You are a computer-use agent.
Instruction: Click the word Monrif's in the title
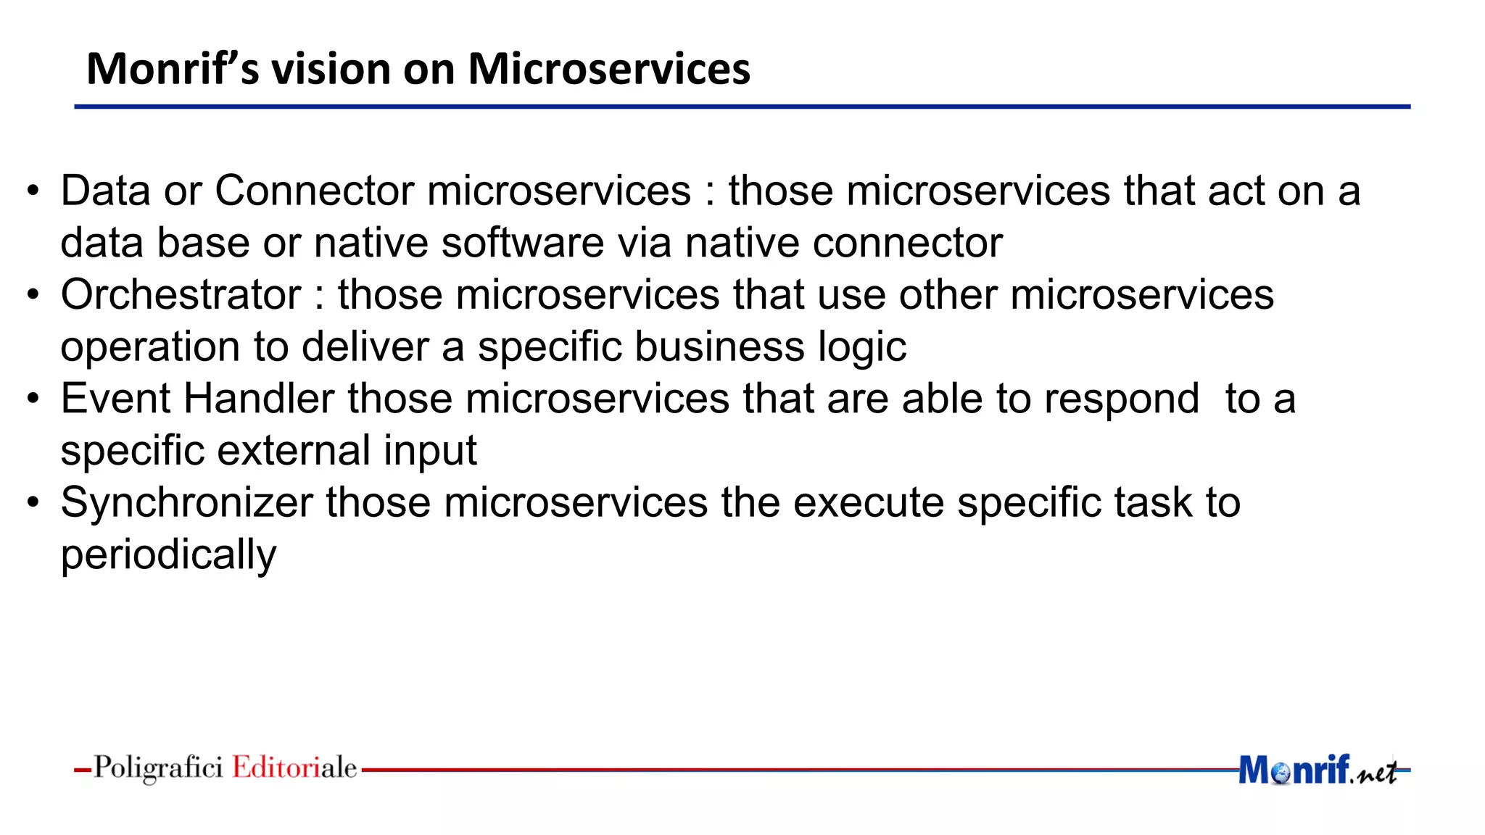(x=172, y=70)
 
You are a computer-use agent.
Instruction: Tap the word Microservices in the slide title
(x=608, y=70)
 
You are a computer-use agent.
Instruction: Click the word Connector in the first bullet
(x=314, y=191)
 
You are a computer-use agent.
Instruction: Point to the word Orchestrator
(x=181, y=295)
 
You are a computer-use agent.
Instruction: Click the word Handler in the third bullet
(x=259, y=399)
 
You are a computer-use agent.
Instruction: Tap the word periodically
(x=168, y=555)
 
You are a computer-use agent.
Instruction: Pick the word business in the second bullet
(x=719, y=346)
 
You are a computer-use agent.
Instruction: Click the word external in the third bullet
(x=294, y=451)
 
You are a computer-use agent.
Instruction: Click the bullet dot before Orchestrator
(x=33, y=296)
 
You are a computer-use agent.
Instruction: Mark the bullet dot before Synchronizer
(x=33, y=503)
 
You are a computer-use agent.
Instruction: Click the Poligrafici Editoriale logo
(x=225, y=768)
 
